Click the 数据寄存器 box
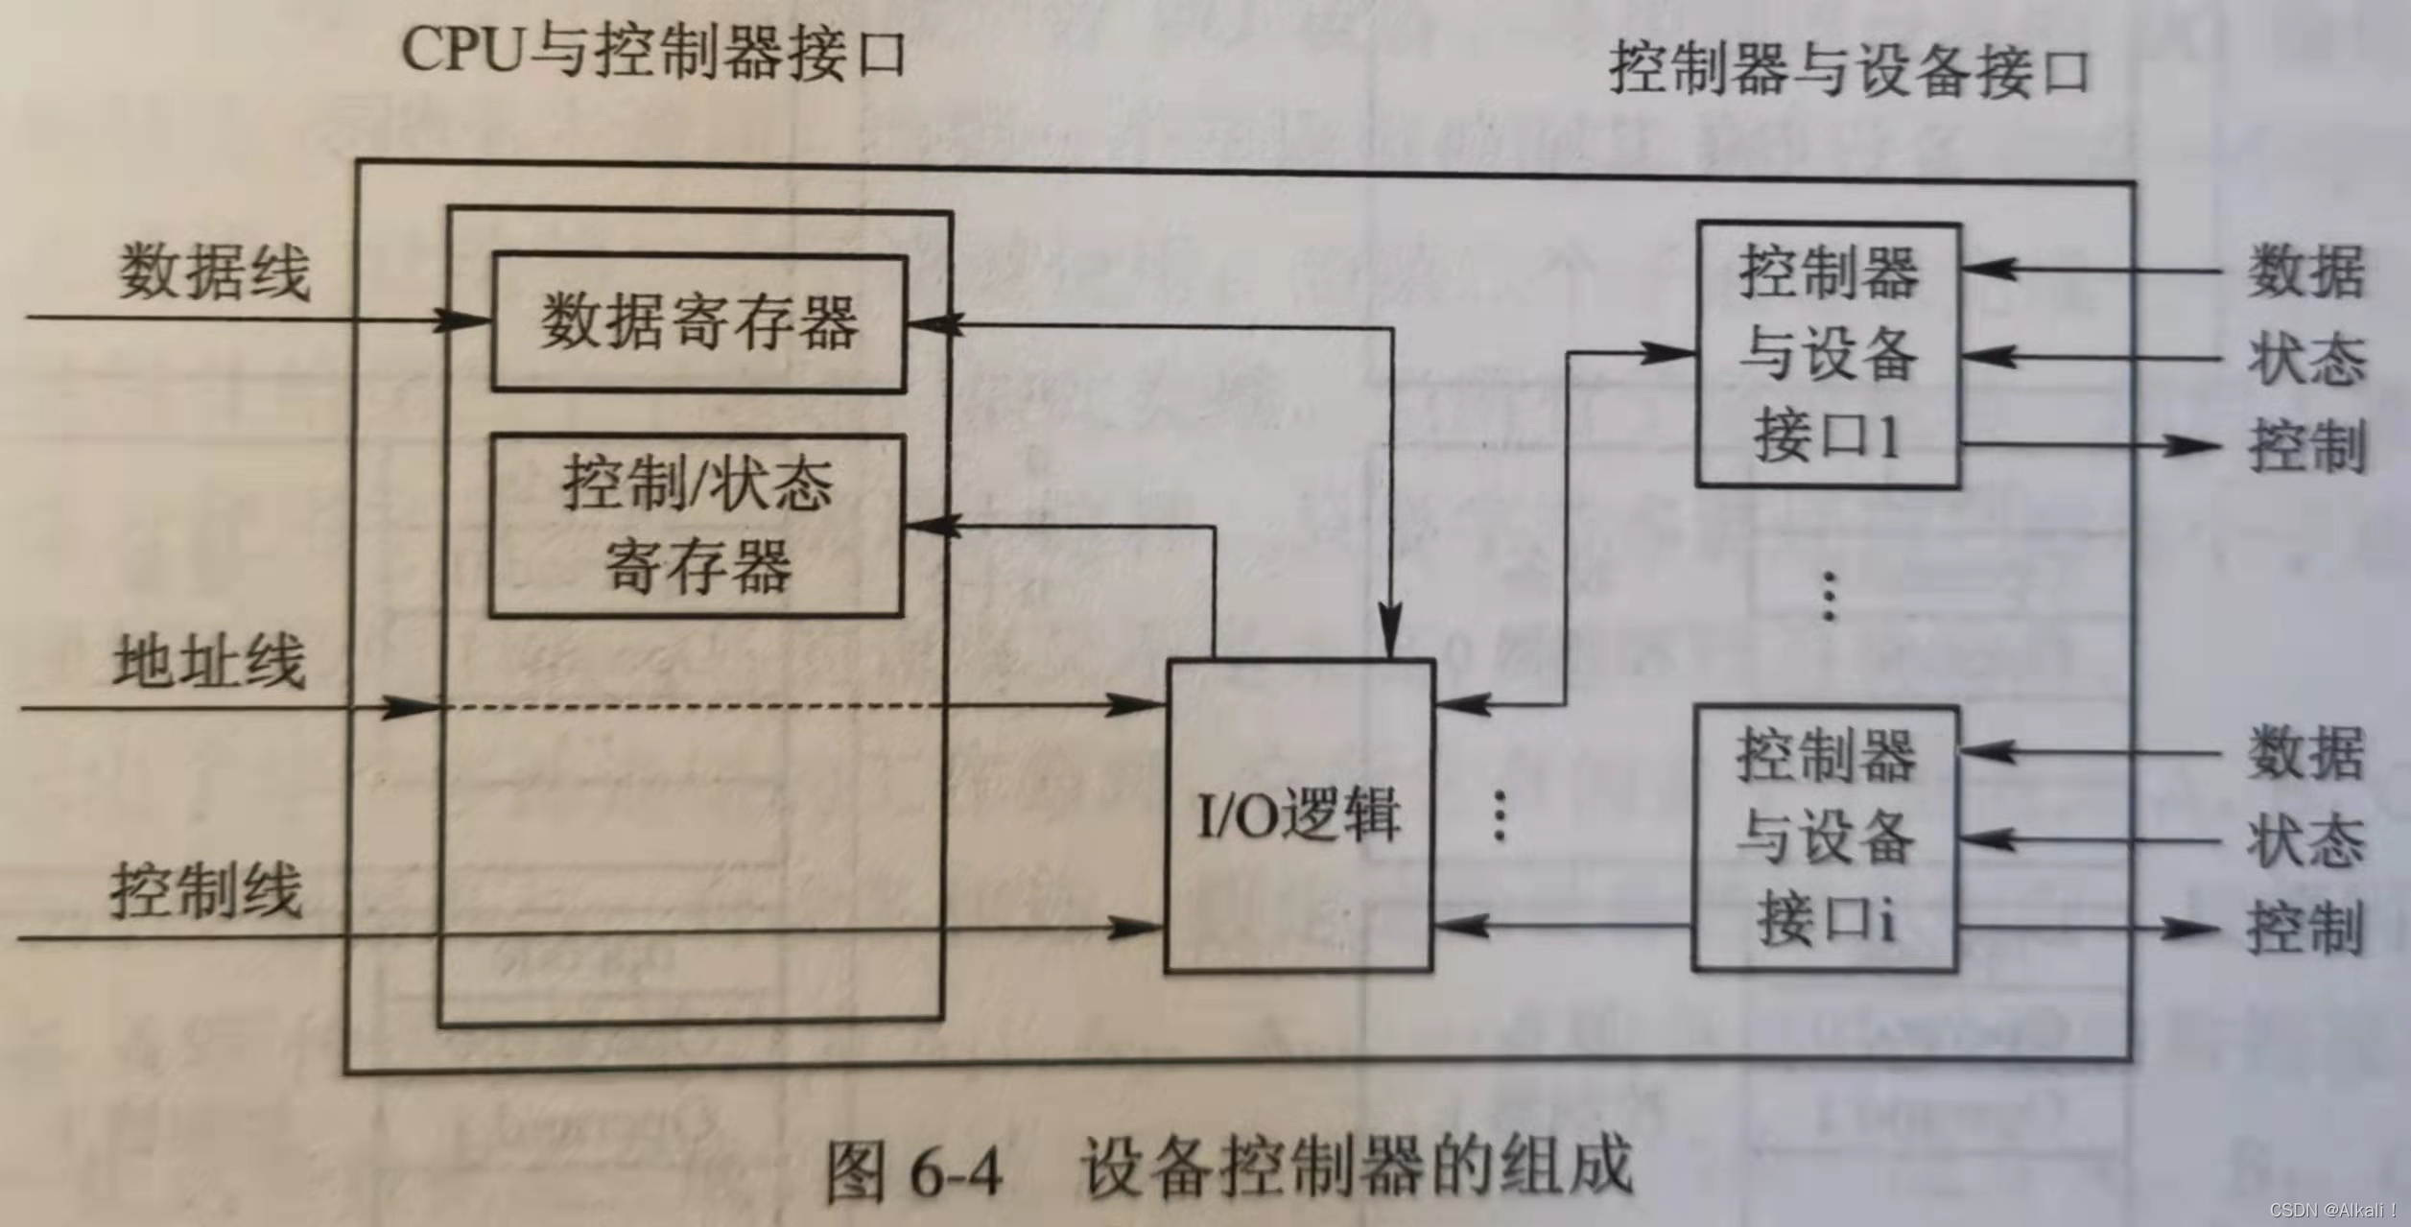coord(698,322)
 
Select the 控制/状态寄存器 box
coord(697,526)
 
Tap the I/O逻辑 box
coord(1299,816)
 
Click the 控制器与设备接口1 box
coord(1829,355)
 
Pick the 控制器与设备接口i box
coord(1825,838)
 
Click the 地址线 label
coord(209,661)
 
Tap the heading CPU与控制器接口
coord(652,50)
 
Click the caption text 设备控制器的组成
coord(1357,1167)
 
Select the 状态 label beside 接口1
coord(2306,360)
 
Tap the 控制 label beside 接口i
coord(2305,929)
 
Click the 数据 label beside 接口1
coord(2306,272)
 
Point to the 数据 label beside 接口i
coord(2306,754)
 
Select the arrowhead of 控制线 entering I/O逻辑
coord(1137,927)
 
